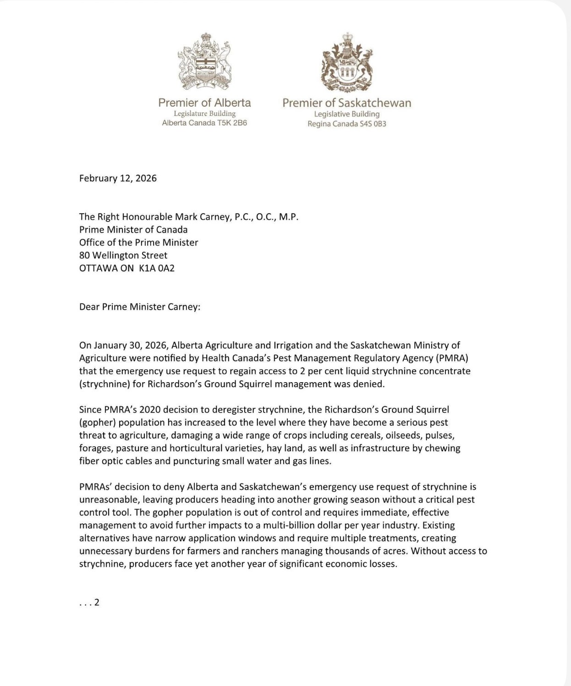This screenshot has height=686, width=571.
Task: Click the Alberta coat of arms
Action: pyautogui.click(x=204, y=61)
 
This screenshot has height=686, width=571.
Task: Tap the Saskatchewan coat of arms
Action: pyautogui.click(x=347, y=62)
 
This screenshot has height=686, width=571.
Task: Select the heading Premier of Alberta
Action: pyautogui.click(x=204, y=103)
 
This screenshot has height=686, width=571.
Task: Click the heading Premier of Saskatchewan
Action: pyautogui.click(x=346, y=103)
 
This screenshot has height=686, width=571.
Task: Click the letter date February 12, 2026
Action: pyautogui.click(x=118, y=178)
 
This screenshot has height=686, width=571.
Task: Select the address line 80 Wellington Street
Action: pyautogui.click(x=123, y=255)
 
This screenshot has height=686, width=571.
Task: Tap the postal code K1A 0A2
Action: pyautogui.click(x=157, y=268)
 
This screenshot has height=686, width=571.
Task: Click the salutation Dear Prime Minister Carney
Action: pyautogui.click(x=140, y=307)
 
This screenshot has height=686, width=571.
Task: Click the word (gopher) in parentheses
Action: pyautogui.click(x=98, y=422)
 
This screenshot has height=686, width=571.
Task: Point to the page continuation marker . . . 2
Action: pyautogui.click(x=89, y=603)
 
